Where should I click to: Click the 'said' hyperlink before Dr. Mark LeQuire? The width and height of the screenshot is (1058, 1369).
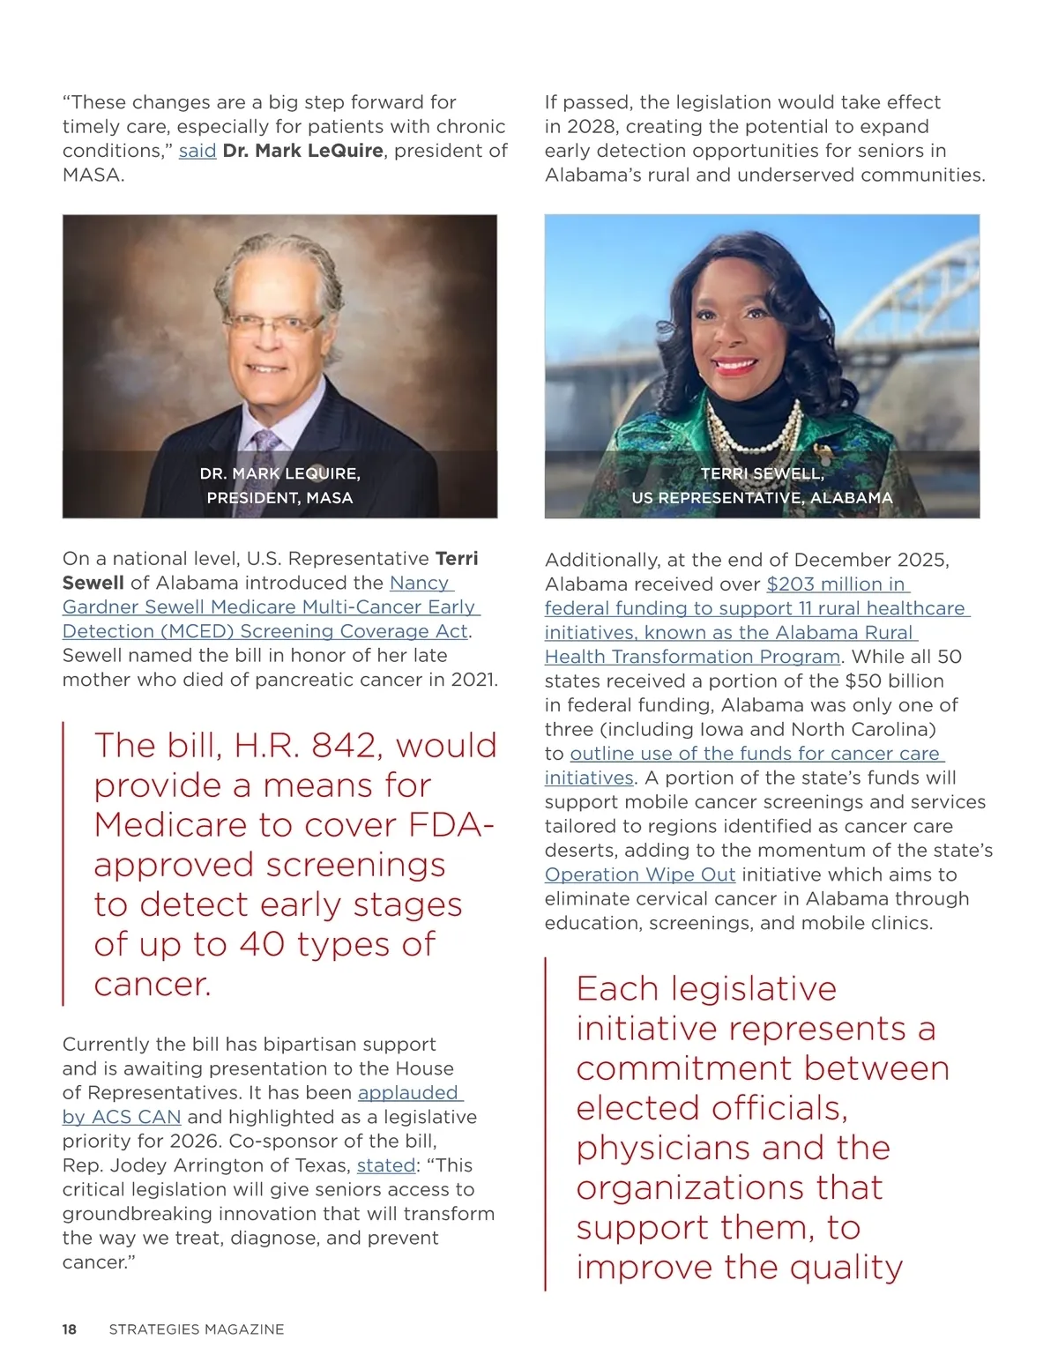(x=197, y=151)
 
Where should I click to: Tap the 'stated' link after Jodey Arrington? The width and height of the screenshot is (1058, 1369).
(x=385, y=1165)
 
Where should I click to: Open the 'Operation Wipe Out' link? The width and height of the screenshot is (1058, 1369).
(x=639, y=874)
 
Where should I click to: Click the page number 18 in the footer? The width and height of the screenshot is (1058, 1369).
(x=70, y=1329)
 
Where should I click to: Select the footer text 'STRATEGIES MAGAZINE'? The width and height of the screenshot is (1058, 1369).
(x=196, y=1329)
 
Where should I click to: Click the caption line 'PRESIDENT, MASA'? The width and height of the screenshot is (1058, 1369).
(x=279, y=498)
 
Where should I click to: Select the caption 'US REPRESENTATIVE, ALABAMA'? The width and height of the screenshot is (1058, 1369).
(x=762, y=498)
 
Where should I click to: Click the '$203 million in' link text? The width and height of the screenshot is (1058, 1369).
(x=837, y=584)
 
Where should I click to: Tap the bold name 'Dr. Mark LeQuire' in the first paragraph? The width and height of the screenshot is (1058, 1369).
(x=302, y=151)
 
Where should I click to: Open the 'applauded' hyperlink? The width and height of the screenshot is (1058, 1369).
(x=409, y=1093)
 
